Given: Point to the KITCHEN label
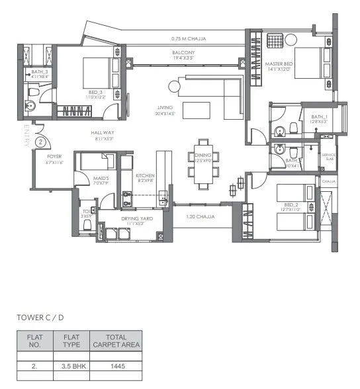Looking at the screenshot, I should tap(146, 177).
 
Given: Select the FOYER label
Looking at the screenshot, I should tap(54, 158).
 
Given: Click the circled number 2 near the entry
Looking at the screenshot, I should tap(40, 141).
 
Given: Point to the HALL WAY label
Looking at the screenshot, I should tap(103, 135).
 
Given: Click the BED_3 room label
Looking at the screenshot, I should tap(95, 93).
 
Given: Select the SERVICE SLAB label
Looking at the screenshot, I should tap(329, 157).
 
